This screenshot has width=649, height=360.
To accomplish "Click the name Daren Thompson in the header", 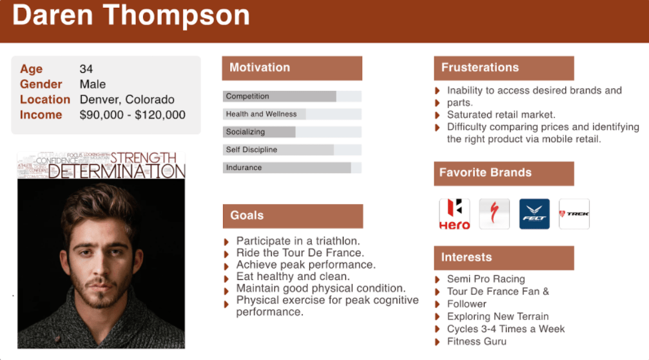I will tap(131, 15).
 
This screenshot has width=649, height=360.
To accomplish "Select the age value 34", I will tap(86, 69).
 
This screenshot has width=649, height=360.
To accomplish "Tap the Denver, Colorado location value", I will tap(127, 99).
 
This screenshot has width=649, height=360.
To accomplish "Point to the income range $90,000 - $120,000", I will tap(132, 115).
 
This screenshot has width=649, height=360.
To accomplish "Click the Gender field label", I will tap(41, 84).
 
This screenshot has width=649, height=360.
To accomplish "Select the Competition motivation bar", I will tap(292, 96).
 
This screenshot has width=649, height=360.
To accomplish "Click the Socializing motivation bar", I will tap(292, 132).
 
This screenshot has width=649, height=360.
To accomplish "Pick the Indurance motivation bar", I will tap(292, 167).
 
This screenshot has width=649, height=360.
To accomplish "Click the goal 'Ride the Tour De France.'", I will tap(300, 253).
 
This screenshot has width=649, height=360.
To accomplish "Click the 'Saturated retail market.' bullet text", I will tap(501, 115).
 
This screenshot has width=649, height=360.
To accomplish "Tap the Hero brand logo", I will tap(454, 214).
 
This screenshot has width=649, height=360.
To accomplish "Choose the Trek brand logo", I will tap(574, 214).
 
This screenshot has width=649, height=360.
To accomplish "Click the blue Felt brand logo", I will tap(534, 214).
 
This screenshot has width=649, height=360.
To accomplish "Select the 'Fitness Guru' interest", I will tap(476, 341).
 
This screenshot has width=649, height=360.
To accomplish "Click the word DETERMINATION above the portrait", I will tap(117, 171).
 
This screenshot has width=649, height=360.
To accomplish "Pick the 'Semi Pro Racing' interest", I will tap(486, 279).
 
